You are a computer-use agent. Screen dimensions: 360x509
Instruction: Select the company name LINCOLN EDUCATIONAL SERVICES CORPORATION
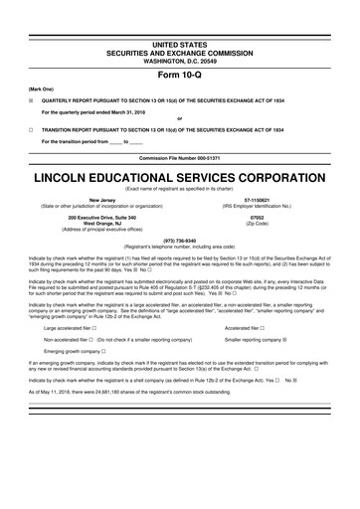pos(180,182)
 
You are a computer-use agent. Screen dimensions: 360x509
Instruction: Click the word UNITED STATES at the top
pos(180,38)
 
